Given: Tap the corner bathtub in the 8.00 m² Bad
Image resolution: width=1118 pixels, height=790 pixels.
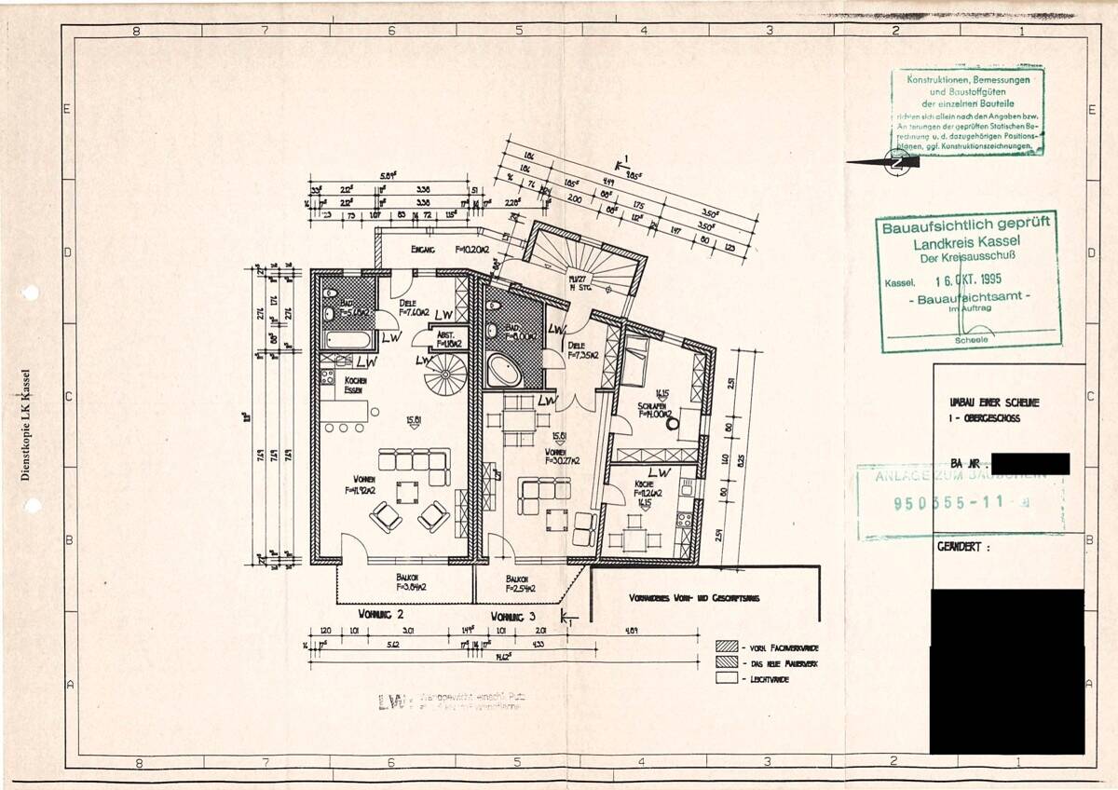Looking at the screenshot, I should click(x=504, y=371).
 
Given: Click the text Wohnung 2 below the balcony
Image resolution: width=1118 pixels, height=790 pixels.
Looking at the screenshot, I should click(x=380, y=615).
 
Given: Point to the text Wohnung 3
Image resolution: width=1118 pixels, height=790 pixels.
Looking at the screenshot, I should click(x=513, y=616).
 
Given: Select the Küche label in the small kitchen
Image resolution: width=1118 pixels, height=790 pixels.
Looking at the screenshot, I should click(x=645, y=485).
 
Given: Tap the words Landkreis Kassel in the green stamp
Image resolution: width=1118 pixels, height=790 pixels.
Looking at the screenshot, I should click(x=965, y=242).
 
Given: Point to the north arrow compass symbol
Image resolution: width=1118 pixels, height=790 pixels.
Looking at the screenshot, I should click(x=898, y=162).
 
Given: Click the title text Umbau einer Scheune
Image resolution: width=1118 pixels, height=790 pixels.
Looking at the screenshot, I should click(x=993, y=402).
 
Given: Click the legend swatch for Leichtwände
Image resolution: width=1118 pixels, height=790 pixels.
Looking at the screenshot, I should click(x=727, y=679).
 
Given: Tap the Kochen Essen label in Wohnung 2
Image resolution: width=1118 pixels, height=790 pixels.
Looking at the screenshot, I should click(x=354, y=386).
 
